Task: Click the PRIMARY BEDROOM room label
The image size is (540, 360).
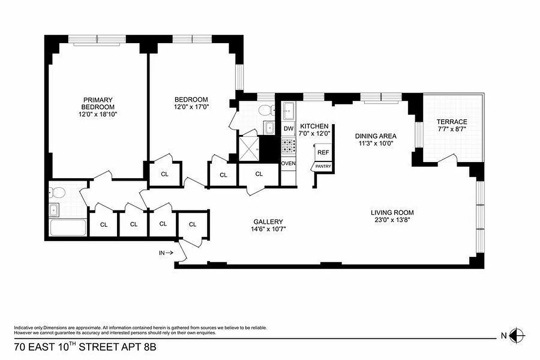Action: click(x=98, y=103)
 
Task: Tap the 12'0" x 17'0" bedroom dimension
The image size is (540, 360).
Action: click(x=191, y=107)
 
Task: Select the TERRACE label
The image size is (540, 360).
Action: click(x=452, y=122)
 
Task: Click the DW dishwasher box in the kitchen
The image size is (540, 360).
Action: click(x=288, y=129)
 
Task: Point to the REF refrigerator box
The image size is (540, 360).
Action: click(x=323, y=153)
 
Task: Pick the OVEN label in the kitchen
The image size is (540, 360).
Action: click(x=288, y=163)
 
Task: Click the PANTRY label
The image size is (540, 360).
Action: click(x=323, y=166)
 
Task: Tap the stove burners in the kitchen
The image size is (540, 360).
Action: click(x=288, y=145)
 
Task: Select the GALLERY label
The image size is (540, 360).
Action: click(x=268, y=221)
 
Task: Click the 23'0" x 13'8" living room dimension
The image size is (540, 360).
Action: click(x=392, y=220)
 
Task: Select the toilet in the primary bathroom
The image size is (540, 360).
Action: click(x=57, y=193)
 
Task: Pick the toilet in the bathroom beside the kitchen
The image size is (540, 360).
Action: click(x=268, y=109)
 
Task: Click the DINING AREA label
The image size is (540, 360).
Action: click(x=375, y=136)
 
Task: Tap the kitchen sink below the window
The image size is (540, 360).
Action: click(x=288, y=110)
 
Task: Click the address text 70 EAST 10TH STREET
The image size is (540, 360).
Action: click(x=67, y=347)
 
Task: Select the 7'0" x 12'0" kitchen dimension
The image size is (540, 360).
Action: click(x=315, y=133)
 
